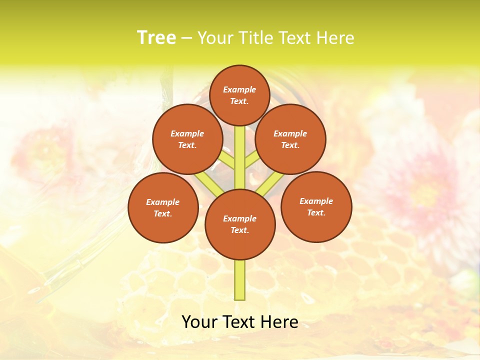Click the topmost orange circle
pos(239,95)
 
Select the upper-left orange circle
pos(187,139)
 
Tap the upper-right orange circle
pos(290,139)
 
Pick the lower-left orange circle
pos(163,207)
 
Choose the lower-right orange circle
pos(316,206)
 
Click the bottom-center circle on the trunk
pos(240,224)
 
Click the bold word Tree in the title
pos(156,37)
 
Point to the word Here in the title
pos(334,38)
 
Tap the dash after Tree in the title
pos(186,38)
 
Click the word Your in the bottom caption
pos(199,322)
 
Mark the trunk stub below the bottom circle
pos(240,280)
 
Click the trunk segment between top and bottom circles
pos(240,157)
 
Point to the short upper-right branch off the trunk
pos(251,160)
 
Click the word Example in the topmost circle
pos(239,89)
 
